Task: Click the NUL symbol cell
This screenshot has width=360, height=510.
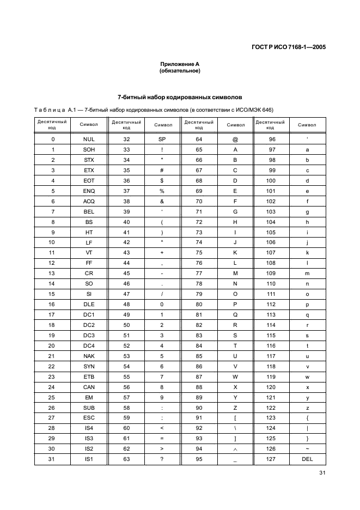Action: tap(89, 139)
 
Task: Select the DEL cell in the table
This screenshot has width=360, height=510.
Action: tap(307, 460)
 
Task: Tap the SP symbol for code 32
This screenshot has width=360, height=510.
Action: tap(162, 139)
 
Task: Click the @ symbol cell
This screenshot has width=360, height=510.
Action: tap(235, 139)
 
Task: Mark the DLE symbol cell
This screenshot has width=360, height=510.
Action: tap(89, 304)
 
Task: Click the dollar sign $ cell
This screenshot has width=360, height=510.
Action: tap(162, 180)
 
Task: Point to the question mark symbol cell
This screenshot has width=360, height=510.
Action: tap(162, 460)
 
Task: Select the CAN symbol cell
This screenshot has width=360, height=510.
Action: tap(89, 387)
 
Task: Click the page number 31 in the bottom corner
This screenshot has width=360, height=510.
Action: tap(321, 481)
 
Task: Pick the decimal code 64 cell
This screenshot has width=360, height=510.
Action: tap(199, 139)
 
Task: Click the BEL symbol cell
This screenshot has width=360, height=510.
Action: tap(89, 211)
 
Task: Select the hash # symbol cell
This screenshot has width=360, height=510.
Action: tap(162, 170)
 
